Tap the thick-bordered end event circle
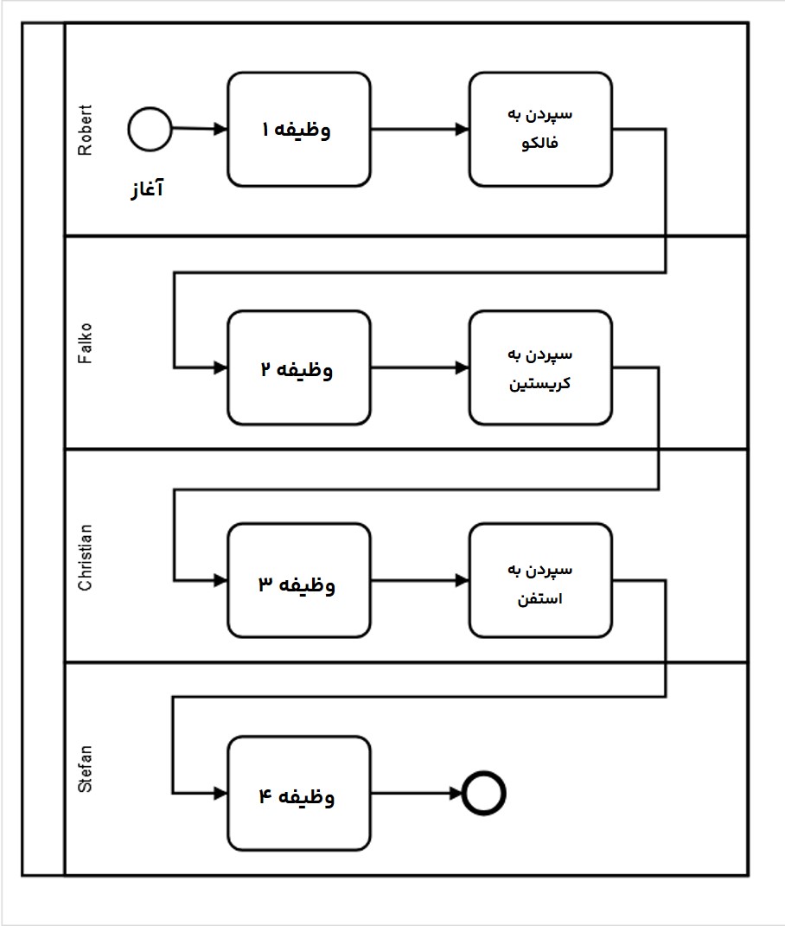483,793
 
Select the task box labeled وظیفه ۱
299,130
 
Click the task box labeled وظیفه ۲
299,369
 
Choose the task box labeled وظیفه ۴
299,794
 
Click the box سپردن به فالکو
540,129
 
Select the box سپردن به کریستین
540,368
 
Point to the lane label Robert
85,131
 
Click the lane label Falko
85,343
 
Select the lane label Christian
85,557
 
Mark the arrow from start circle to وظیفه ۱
200,130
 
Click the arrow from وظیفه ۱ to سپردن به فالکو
419,130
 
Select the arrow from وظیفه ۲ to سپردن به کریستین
419,369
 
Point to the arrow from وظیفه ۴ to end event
416,794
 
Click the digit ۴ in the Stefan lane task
265,795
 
